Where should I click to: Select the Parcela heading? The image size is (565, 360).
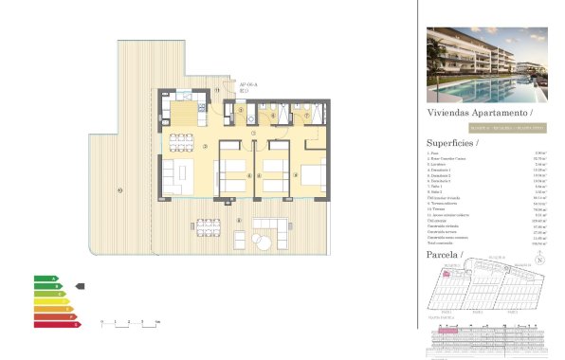(445, 257)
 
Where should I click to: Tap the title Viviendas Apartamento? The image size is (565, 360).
(474, 112)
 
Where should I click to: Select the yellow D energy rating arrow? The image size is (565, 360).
(52, 301)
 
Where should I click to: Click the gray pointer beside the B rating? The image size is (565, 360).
(80, 285)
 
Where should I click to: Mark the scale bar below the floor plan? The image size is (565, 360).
(128, 324)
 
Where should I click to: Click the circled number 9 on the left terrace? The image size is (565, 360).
(119, 190)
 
